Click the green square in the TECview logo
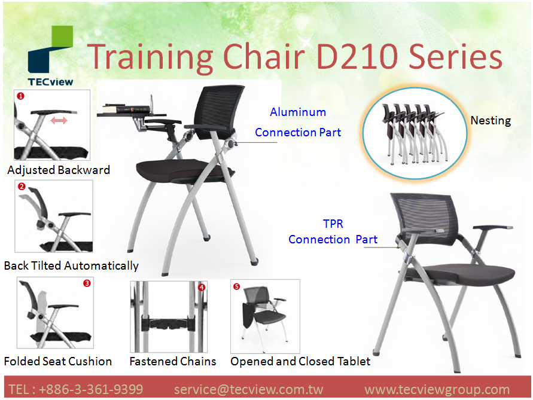pos(62,36)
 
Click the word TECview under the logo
pos(50,82)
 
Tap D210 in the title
pos(357,56)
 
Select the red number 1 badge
pos(21,96)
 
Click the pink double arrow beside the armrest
pos(59,120)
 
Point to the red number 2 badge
pos(22,186)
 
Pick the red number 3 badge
pos(87,283)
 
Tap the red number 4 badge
pos(202,288)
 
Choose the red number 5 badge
pos(236,286)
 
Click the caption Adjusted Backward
pos(59,170)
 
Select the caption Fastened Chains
pos(173,361)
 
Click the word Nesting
pos(491,121)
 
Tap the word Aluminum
pos(298,112)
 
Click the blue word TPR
pos(333,224)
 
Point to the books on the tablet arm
pos(126,109)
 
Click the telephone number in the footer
pos(75,389)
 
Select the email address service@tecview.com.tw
pos(248,389)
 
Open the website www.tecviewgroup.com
pos(437,389)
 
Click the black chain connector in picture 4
pos(168,324)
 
